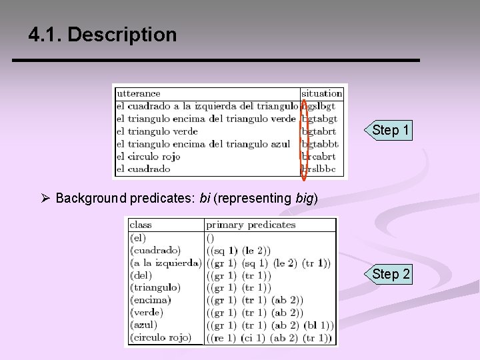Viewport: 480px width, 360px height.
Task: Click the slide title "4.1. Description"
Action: [x=103, y=35]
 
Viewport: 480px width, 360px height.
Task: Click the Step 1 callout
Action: [x=390, y=130]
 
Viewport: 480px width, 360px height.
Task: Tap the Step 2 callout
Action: [x=391, y=274]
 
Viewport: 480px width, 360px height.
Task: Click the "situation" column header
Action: [x=322, y=93]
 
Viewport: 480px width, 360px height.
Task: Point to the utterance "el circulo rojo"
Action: [x=148, y=157]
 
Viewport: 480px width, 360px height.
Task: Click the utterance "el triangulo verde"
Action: [x=157, y=131]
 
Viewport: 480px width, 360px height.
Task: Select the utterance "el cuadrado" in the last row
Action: [x=143, y=169]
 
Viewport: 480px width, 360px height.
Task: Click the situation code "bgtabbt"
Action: [x=321, y=144]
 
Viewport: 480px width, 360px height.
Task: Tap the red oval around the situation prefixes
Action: [x=305, y=139]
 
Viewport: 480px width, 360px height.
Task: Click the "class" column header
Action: [x=141, y=225]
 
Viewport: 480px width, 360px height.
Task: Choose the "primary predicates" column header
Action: [x=251, y=225]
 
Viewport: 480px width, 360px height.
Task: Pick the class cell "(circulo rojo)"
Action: [x=161, y=337]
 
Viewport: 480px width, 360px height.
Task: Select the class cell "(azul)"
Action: [x=144, y=325]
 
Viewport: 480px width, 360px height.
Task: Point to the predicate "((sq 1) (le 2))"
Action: [x=239, y=251]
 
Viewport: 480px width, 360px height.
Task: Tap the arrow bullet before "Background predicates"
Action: [x=46, y=198]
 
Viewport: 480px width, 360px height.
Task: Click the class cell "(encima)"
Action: [x=150, y=300]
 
